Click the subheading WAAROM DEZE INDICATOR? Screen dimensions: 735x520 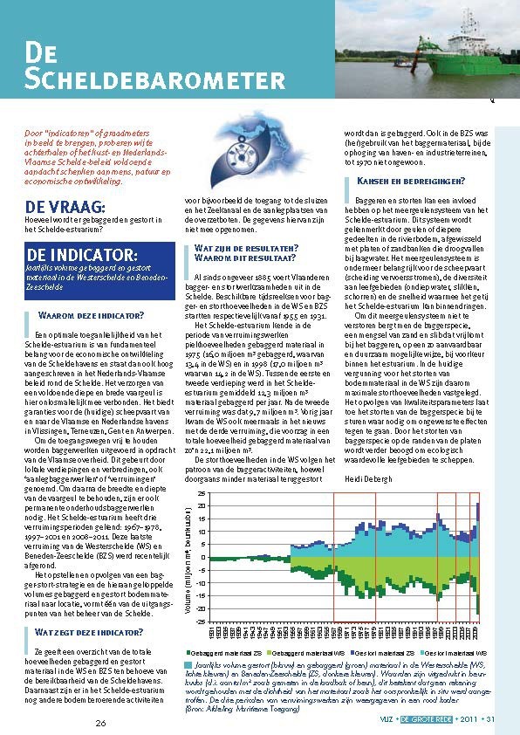[92, 315]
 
